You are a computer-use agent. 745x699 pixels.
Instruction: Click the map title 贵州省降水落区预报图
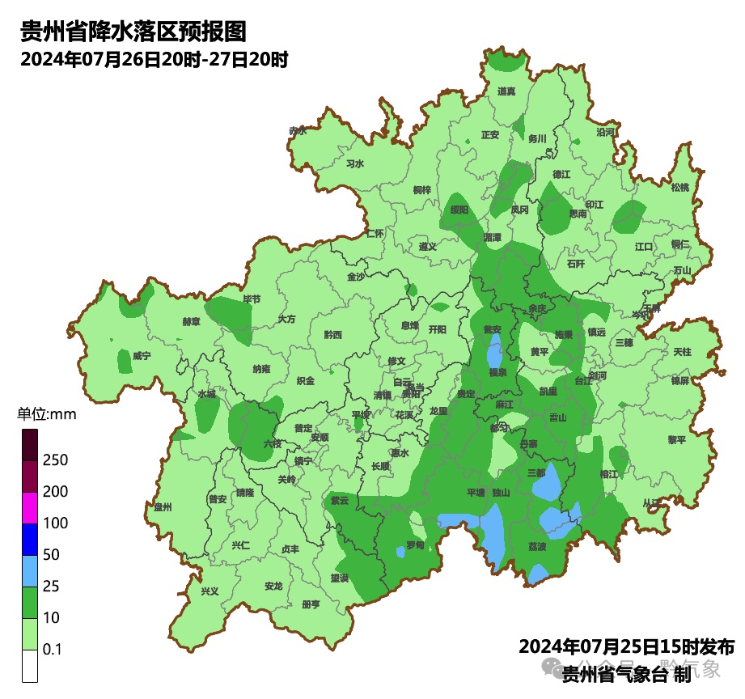133,32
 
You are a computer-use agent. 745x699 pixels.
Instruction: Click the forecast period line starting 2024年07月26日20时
155,60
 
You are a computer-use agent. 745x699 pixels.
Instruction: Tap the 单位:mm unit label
46,415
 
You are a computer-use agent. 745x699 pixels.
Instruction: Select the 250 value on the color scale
55,460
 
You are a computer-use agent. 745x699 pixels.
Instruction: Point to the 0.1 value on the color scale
53,650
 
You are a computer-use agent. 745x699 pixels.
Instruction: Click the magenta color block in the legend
30,507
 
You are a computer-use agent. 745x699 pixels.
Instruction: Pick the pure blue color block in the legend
30,539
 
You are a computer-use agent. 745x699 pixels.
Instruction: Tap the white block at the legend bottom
30,666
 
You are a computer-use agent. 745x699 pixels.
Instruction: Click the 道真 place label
506,91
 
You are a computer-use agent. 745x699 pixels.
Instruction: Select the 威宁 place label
142,355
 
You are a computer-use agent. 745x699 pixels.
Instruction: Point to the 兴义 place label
210,591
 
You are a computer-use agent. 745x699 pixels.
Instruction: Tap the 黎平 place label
676,439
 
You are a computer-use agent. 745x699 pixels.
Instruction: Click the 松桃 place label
680,188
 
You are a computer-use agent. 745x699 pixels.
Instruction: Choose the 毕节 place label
252,299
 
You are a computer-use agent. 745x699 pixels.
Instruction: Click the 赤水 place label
298,130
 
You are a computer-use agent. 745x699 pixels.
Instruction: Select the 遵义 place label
428,246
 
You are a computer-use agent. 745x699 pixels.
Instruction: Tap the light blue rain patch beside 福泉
493,353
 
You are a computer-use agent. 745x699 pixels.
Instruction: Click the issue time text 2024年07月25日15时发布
626,647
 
